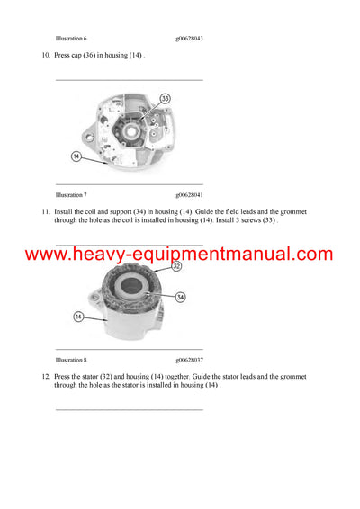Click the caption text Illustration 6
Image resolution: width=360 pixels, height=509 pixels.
(71, 39)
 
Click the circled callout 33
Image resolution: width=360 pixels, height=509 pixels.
(165, 98)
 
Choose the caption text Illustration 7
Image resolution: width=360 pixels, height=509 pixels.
(71, 194)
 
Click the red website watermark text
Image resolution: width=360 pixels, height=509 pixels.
(179, 254)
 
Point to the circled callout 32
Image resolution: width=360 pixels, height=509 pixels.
(176, 266)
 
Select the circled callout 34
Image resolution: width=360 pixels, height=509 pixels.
(181, 297)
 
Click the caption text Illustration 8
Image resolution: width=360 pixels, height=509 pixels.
(71, 358)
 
